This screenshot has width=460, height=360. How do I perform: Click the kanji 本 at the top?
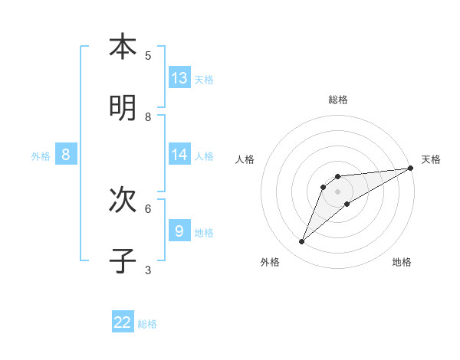coord(123,47)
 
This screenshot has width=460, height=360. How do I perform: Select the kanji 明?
coord(123,108)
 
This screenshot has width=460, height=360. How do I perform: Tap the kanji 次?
coord(123,200)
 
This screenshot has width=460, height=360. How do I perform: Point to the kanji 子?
coord(123,261)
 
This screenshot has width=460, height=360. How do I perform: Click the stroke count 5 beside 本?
coord(148,55)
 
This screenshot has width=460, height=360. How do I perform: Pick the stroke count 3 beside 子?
coord(148,270)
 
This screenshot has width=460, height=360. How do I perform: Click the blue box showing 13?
coord(179,78)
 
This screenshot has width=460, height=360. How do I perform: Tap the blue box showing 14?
coord(179,155)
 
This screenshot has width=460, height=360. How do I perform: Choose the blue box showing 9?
coord(179,231)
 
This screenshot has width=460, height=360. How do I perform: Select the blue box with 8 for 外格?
coord(66,155)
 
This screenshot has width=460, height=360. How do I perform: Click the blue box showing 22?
coord(123,322)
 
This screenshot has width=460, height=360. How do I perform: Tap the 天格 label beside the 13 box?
coord(204,80)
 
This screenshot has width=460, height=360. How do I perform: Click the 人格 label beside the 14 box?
coord(204,156)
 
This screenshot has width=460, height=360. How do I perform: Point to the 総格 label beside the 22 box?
coord(147,324)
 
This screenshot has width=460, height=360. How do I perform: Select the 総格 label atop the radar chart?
coord(338,100)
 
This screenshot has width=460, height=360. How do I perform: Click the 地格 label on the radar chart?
coord(402,262)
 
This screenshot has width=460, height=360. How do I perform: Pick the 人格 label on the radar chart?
coord(245,160)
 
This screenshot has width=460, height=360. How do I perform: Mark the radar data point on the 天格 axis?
coord(410,168)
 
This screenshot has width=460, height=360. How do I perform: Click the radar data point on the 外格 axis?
coord(302,242)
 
